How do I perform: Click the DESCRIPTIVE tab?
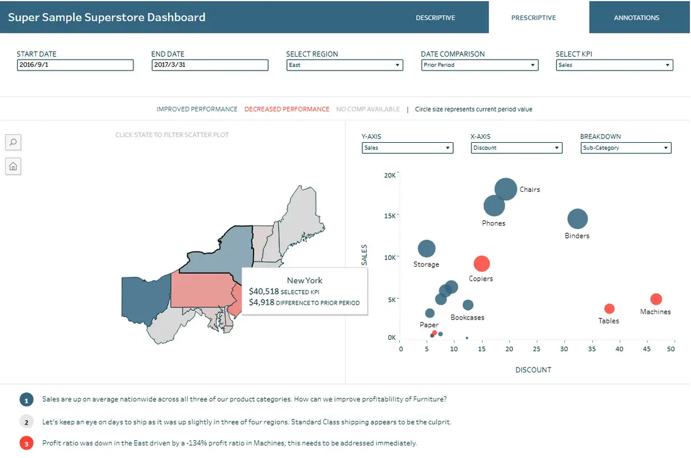[435, 18]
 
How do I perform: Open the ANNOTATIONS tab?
[636, 18]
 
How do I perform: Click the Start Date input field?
[75, 65]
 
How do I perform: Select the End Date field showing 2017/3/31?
[210, 65]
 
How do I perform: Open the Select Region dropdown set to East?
[344, 65]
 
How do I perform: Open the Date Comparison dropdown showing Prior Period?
[479, 65]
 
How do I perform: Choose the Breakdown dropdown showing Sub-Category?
[626, 148]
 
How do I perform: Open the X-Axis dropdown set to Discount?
[516, 148]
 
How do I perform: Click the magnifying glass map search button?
[13, 142]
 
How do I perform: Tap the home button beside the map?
[13, 166]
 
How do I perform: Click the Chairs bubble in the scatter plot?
[506, 189]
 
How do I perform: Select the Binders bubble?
[577, 219]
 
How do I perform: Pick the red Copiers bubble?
[481, 264]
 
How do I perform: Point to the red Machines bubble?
[656, 299]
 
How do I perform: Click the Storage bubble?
[427, 249]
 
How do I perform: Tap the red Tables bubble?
[609, 308]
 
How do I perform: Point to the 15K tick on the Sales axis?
[390, 216]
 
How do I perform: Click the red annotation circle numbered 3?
[26, 444]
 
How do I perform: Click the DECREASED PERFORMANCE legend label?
[286, 109]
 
